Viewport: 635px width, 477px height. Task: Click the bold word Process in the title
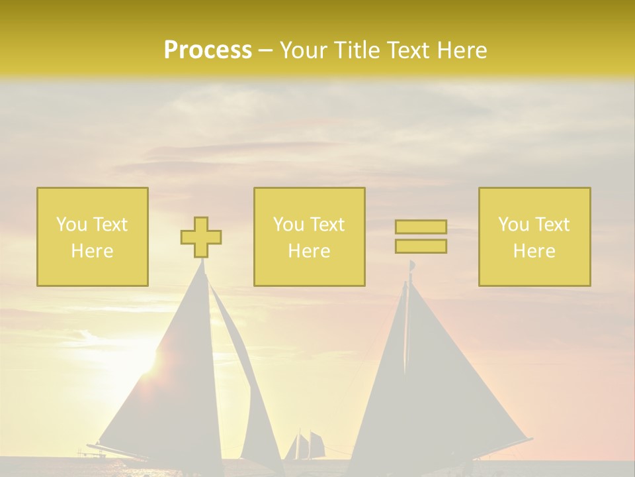click(208, 50)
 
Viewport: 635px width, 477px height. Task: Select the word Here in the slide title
click(460, 50)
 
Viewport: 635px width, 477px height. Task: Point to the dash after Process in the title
click(265, 51)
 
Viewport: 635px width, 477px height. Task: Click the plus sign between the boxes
click(201, 237)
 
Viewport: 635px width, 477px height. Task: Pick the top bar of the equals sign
click(421, 227)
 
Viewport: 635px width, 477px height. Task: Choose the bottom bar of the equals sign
click(421, 246)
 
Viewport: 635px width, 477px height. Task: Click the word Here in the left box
click(92, 251)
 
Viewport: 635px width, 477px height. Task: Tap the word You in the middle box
click(288, 225)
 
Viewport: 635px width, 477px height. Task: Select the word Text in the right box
click(552, 225)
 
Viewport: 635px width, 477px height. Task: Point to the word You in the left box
click(71, 225)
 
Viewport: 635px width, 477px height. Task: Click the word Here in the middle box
click(309, 251)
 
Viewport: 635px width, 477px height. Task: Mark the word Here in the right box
click(534, 251)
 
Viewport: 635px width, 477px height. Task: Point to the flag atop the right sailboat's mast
click(412, 266)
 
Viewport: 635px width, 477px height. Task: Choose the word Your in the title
click(304, 50)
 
